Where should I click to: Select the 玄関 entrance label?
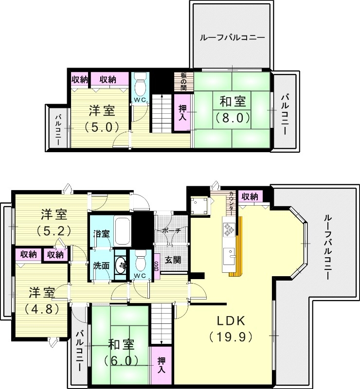click(x=173, y=260)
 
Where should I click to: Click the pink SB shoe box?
click(x=156, y=266)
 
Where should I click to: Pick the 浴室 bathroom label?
click(x=102, y=234)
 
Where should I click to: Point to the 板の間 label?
click(x=184, y=81)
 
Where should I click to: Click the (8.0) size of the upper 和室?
click(x=233, y=117)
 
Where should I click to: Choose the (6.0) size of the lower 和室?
click(x=120, y=360)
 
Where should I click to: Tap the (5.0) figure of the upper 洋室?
click(x=101, y=127)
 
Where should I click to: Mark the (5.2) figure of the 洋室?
click(x=54, y=230)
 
